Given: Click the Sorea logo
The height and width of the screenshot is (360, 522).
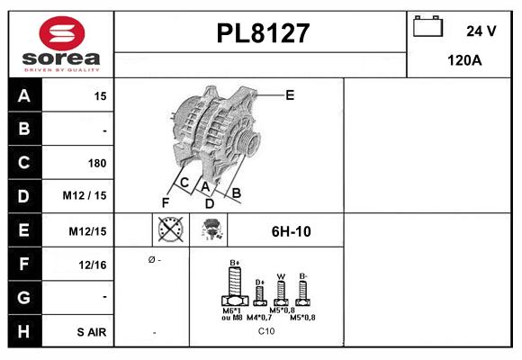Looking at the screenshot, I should (x=59, y=44).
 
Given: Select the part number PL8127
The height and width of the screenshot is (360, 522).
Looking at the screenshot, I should (x=263, y=34).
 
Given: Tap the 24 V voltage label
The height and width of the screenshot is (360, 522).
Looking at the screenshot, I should (x=481, y=31).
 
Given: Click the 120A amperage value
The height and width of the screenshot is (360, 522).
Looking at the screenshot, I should (x=464, y=61).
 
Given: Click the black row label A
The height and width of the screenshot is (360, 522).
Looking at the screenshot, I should (x=22, y=95).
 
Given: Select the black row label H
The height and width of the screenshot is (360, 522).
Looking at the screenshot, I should (x=22, y=331).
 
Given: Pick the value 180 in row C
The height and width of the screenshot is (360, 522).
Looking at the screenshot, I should (x=96, y=163).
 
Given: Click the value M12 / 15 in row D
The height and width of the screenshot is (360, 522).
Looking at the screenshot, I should (x=85, y=196).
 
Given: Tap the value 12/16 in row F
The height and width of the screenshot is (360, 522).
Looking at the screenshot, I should (x=93, y=264).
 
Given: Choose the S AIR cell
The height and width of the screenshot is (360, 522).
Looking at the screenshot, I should (x=91, y=332).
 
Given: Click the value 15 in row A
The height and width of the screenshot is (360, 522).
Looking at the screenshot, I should (x=100, y=95).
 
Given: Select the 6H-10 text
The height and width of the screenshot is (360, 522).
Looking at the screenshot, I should (x=291, y=231).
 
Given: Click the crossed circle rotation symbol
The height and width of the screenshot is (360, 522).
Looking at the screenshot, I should (x=170, y=230).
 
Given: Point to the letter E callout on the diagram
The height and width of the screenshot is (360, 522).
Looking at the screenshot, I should (x=290, y=94).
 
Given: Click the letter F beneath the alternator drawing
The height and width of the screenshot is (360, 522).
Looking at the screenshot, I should (x=166, y=202).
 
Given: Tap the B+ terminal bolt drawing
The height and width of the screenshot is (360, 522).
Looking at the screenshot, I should (x=234, y=290).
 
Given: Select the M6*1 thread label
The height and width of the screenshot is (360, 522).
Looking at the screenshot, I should (x=232, y=310).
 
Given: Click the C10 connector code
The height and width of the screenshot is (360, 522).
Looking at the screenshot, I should (x=266, y=332).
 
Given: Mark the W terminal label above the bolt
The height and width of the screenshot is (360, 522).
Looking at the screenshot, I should (x=280, y=275).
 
